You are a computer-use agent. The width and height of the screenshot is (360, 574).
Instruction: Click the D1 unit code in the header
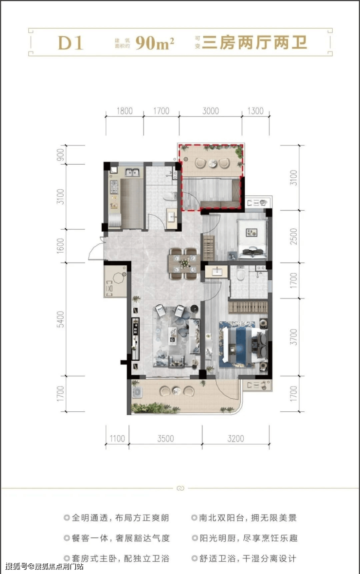coord(71,43)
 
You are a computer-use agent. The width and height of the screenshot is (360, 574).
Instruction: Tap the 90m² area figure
coord(154,43)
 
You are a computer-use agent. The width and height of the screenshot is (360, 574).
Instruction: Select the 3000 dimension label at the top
coord(210,111)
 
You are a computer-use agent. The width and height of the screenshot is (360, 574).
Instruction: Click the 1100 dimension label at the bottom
coord(117,438)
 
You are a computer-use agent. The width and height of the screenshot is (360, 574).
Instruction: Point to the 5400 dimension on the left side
coord(60,319)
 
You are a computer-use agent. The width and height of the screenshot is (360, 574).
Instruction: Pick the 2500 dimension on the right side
coord(293,237)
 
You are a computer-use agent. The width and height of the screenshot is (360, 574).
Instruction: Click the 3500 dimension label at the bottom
coord(165,438)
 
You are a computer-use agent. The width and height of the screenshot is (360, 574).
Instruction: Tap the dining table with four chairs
coord(184,263)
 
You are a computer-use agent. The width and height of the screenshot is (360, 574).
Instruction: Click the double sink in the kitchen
coord(132,172)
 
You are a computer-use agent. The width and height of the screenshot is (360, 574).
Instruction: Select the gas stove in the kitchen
coord(114,187)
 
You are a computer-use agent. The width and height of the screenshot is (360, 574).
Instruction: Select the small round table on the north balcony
coord(213,164)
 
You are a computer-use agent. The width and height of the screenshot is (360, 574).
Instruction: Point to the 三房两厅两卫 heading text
coord(255,43)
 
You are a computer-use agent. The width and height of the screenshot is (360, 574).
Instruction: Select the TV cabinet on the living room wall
coord(135,339)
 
